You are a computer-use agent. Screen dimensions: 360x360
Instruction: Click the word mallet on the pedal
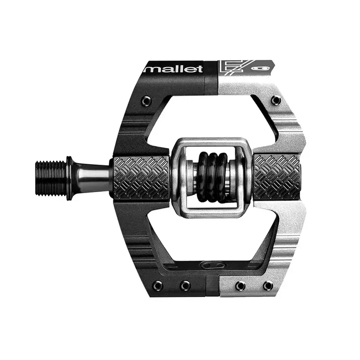pos(173,69)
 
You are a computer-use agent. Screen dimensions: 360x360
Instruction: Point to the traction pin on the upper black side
pos(146,100)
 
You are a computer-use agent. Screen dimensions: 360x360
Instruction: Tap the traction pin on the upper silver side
pos(275,100)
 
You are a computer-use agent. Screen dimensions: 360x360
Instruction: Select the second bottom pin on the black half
pos(184,285)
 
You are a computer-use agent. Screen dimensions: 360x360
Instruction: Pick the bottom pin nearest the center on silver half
pos(240,285)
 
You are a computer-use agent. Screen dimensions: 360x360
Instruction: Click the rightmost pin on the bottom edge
pos(268,285)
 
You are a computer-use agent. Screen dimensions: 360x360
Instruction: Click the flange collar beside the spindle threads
pos(70,178)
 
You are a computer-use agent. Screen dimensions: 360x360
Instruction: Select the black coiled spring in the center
pos(211,177)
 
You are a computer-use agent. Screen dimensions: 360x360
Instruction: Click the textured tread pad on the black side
pos(141,178)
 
